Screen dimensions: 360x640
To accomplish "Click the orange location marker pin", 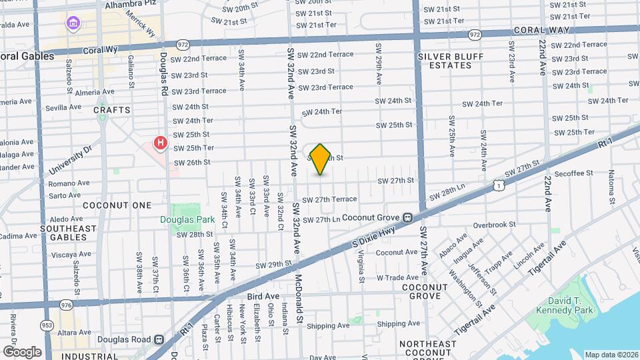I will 321,159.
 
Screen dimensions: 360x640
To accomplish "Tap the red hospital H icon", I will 160,143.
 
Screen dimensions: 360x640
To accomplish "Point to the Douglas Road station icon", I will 159,339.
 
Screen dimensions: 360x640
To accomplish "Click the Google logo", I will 22,351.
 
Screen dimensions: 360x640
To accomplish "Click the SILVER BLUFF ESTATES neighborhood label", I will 451,61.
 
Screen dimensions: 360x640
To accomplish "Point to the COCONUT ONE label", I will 118,205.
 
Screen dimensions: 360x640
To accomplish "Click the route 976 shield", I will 65,305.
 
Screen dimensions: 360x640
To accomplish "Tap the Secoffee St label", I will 573,173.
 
